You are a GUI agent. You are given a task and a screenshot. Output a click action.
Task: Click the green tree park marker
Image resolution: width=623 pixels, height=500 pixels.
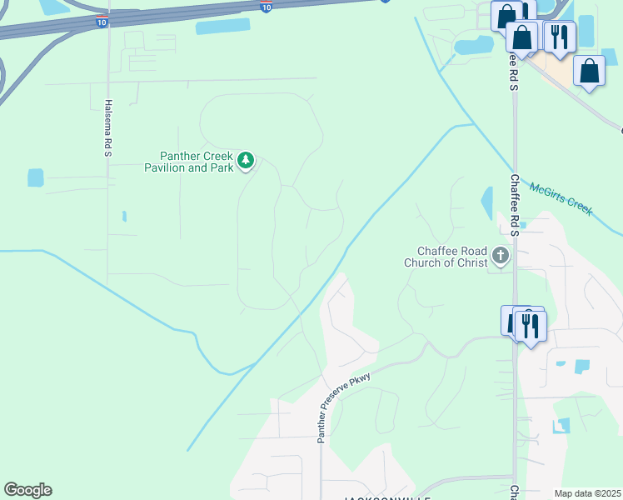(x=245, y=160)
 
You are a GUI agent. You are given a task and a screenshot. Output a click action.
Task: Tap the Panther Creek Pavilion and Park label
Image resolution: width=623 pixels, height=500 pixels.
(x=197, y=161)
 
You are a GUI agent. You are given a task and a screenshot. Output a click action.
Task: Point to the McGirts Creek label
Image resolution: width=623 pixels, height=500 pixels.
(x=561, y=199)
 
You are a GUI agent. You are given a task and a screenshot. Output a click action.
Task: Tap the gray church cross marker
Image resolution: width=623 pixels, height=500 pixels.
(x=501, y=256)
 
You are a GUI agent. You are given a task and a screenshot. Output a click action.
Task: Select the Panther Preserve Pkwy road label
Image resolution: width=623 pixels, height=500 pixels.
(x=346, y=407)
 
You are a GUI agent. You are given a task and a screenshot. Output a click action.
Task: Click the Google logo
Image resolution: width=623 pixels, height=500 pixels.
(x=27, y=490)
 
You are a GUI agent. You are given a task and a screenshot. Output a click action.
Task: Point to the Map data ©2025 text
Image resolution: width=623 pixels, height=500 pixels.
(x=587, y=493)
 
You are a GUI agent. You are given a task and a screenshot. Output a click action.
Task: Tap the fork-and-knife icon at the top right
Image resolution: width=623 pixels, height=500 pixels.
(x=558, y=37)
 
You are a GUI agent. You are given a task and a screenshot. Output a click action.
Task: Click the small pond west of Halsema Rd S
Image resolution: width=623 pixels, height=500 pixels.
(x=35, y=177)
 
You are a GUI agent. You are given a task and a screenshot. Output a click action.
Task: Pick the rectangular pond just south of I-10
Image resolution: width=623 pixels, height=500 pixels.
(x=222, y=26)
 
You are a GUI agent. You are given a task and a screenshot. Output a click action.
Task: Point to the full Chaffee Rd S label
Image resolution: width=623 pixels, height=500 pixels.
(x=516, y=205)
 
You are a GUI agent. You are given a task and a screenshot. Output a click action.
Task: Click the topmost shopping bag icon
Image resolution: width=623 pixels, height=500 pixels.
(x=506, y=15)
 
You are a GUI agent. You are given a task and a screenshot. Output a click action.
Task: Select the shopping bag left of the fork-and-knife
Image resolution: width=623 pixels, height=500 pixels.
(x=521, y=37)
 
